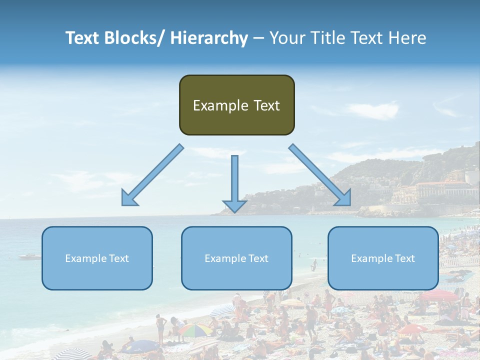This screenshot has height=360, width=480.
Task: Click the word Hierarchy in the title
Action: click(x=209, y=38)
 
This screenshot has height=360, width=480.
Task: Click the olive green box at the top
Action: click(x=236, y=105)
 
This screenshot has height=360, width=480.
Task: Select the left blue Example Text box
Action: click(x=97, y=258)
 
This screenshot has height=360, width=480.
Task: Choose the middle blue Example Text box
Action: click(x=236, y=258)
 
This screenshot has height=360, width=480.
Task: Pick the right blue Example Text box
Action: click(x=383, y=258)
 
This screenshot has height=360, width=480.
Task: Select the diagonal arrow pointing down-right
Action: click(x=320, y=175)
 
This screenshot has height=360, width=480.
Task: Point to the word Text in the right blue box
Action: click(x=404, y=258)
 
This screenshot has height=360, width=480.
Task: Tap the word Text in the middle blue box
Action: click(x=258, y=258)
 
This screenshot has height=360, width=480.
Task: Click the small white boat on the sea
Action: click(x=30, y=257)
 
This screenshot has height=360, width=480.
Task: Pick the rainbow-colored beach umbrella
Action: click(x=195, y=330)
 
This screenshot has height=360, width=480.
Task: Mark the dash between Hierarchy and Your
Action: click(x=258, y=38)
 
